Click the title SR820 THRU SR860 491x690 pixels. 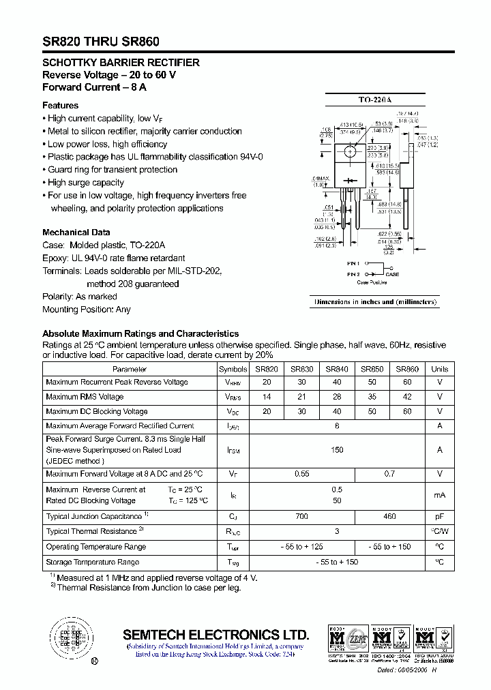coord(101,42)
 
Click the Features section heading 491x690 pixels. coord(60,106)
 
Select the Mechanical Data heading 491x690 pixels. coord(76,232)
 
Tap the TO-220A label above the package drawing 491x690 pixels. coord(375,100)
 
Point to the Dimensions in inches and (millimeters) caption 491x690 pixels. coord(375,302)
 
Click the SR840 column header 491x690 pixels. coord(337,369)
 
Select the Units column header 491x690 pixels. coord(440,369)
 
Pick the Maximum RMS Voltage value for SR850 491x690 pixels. coord(372,397)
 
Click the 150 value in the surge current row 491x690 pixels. coord(337,450)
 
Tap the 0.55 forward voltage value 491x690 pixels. coord(301,474)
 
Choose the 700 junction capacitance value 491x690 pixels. coord(301,517)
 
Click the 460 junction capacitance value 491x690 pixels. coord(389,517)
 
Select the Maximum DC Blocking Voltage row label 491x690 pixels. coord(97,412)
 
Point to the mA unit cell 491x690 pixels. coord(440,495)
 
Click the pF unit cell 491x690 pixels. coord(440,517)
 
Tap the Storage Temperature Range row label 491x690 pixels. coord(93,562)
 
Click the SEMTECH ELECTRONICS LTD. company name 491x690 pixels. coord(215,634)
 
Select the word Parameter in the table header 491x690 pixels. coord(130,369)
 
